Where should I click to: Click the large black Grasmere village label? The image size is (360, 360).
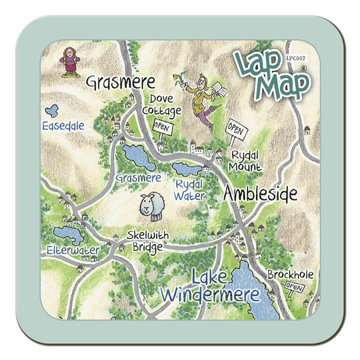(x=120, y=83)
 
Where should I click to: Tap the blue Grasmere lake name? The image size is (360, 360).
(x=138, y=178)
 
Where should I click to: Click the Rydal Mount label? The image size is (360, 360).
(x=243, y=160)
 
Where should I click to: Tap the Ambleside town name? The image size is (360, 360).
(x=260, y=194)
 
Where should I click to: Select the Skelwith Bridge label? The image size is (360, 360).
(x=145, y=241)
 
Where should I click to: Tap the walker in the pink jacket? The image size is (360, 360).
(x=67, y=62)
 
